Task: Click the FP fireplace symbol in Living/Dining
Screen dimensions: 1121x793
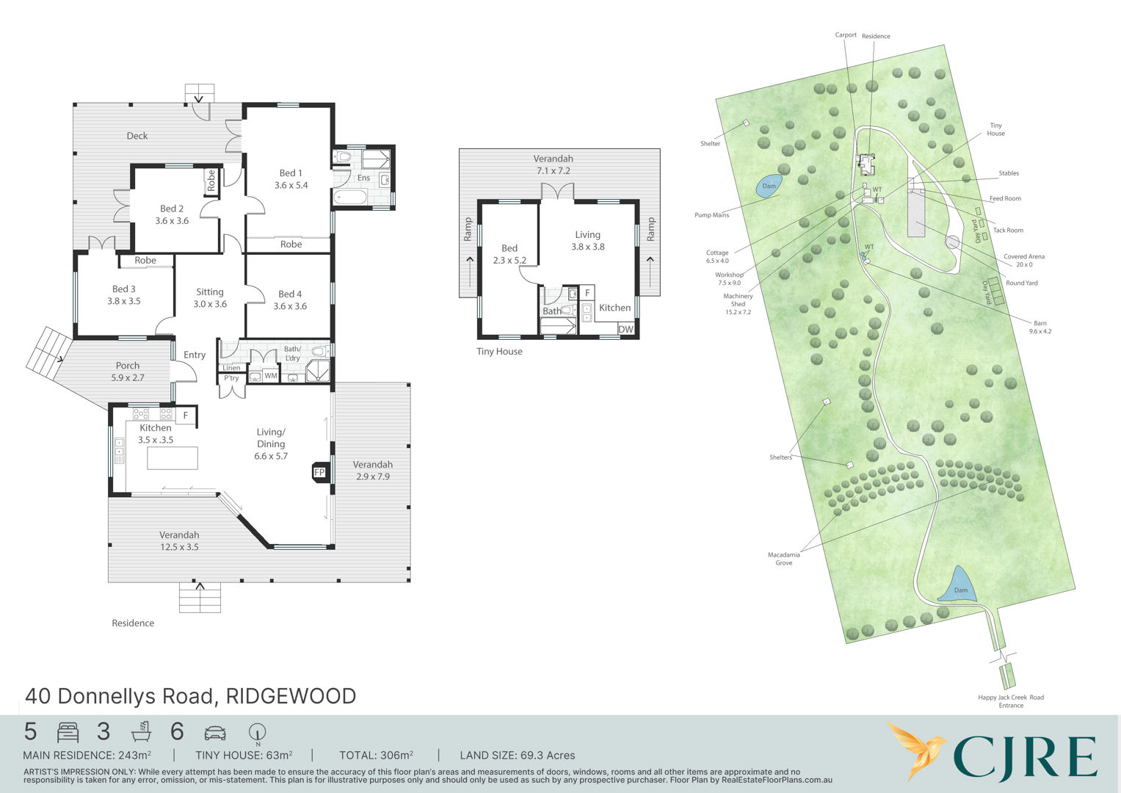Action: point(319,472)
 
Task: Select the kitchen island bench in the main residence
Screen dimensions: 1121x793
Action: point(173,458)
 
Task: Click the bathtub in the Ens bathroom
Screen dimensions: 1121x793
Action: point(351,197)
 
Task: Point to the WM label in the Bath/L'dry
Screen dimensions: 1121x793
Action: point(271,375)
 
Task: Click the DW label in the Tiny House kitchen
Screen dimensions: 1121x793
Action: point(625,329)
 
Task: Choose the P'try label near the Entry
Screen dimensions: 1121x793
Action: point(231,378)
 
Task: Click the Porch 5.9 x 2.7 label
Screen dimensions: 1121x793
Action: point(128,372)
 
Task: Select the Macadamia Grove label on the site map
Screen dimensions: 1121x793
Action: point(784,559)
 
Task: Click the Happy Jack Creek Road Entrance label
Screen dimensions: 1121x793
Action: point(1011,701)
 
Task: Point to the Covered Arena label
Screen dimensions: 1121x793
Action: point(1024,261)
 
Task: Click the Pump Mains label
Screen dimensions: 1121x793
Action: point(711,214)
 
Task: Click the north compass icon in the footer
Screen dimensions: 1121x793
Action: point(257,734)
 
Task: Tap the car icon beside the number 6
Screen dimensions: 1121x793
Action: point(215,733)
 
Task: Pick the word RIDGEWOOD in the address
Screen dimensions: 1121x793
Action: point(291,696)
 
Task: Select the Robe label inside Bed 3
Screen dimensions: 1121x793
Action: point(145,261)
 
